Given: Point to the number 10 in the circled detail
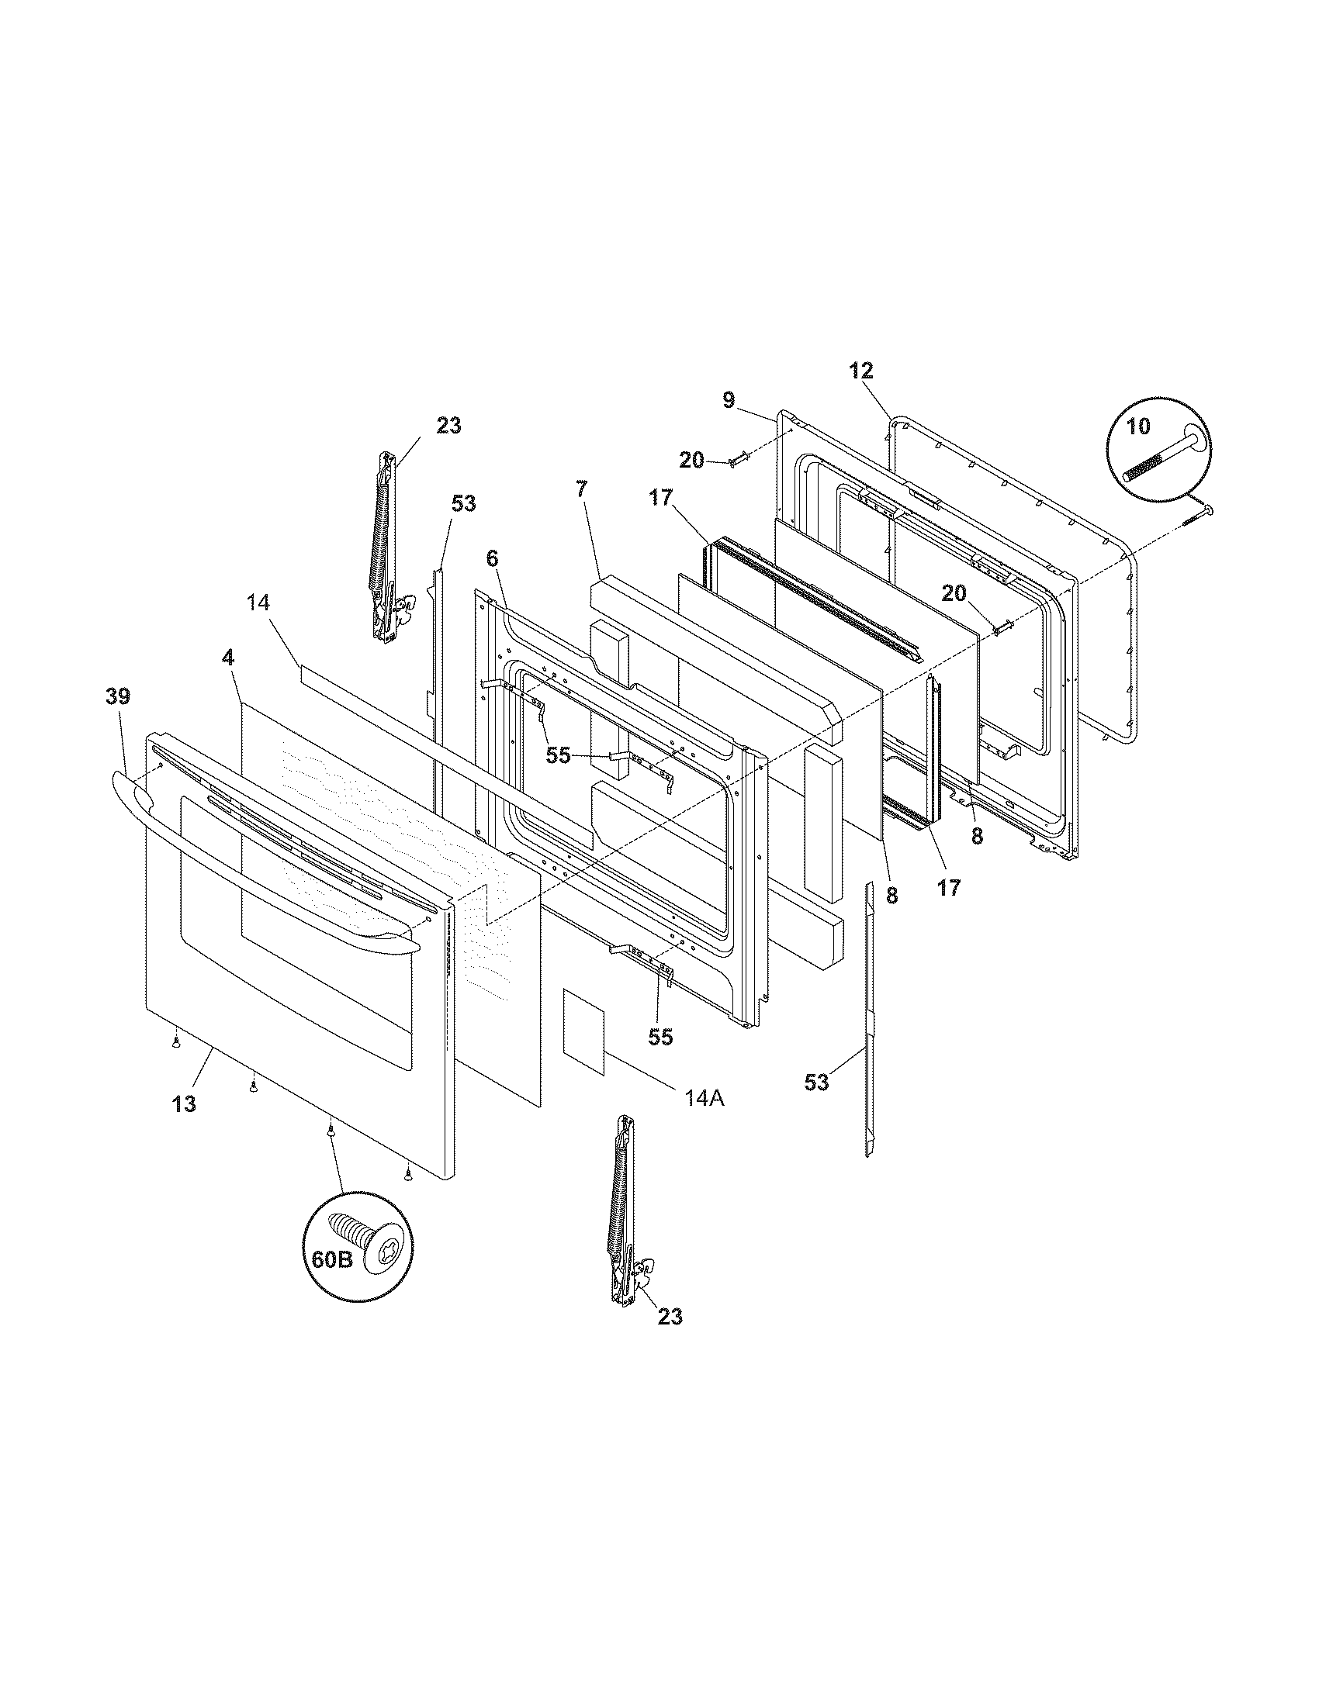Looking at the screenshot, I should pyautogui.click(x=1138, y=427).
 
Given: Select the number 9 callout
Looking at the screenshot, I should pyautogui.click(x=728, y=400).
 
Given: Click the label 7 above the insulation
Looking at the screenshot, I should pyautogui.click(x=581, y=490).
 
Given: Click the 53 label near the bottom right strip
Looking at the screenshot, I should pyautogui.click(x=816, y=1083).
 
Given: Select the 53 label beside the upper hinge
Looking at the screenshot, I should pyautogui.click(x=463, y=503).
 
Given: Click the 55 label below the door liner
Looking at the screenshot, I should pyautogui.click(x=661, y=1038).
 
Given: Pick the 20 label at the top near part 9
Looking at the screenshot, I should pyautogui.click(x=691, y=460).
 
